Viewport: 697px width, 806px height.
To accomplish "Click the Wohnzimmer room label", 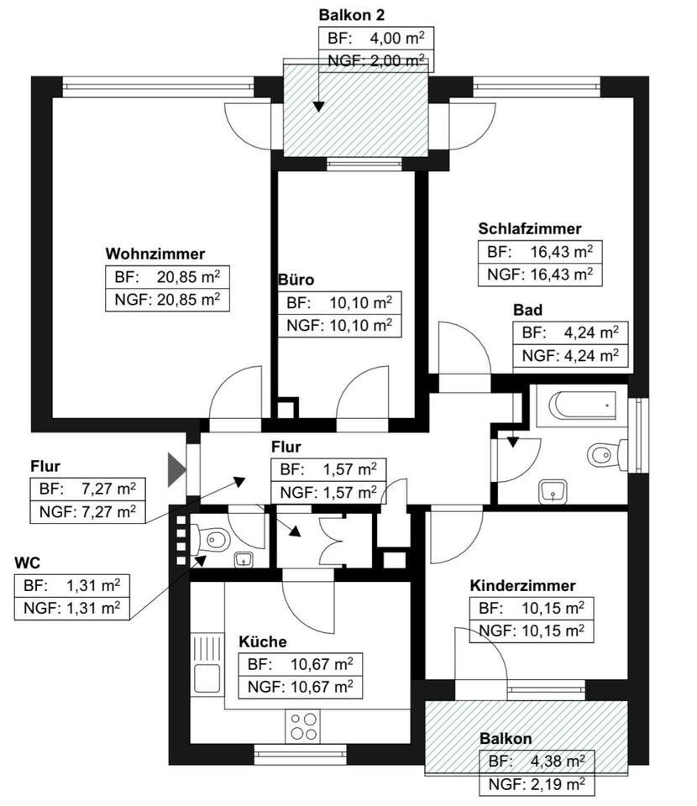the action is (155, 254).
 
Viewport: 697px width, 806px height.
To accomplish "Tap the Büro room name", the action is (296, 280).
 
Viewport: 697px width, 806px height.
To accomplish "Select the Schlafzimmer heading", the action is (529, 228).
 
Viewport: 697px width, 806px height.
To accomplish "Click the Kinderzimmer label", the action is (522, 585).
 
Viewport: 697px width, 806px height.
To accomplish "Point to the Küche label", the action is (263, 641).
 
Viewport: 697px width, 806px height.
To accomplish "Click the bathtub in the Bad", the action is (583, 406).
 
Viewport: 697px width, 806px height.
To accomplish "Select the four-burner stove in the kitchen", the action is (303, 725).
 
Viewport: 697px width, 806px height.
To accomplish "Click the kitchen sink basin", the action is (207, 678).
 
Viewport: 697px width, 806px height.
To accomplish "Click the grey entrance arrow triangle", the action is (176, 469).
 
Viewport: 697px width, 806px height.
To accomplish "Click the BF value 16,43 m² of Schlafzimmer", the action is (561, 251).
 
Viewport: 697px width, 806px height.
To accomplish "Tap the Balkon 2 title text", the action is (352, 15).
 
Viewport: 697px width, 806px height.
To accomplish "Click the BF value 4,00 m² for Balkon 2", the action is (397, 38).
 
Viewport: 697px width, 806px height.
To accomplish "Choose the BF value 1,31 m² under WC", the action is (93, 585).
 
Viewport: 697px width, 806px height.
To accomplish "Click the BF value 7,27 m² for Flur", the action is (108, 489).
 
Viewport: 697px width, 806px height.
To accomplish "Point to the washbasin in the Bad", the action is (553, 491).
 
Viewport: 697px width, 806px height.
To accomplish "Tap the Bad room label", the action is (528, 310).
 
